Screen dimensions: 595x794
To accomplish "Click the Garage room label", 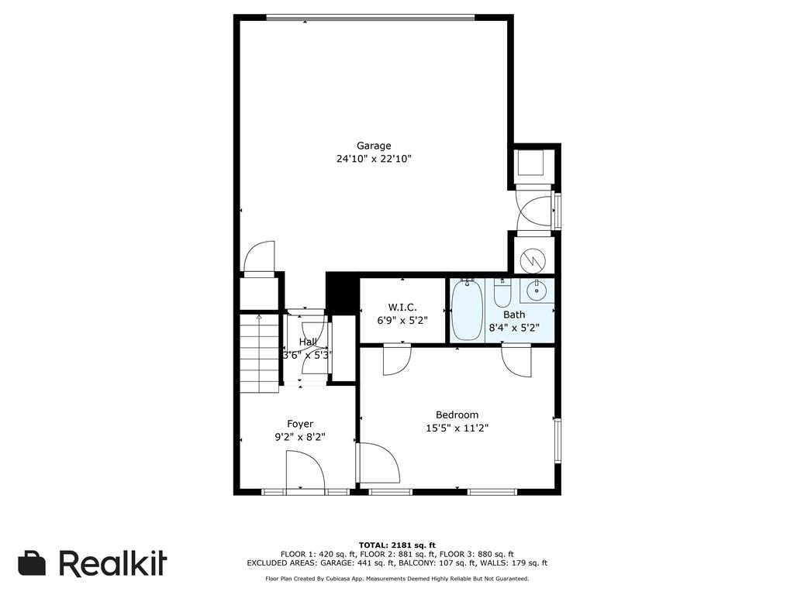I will tap(374, 146).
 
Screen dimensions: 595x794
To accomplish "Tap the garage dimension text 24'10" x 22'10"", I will tap(374, 160).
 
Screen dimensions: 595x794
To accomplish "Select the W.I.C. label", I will tap(402, 308).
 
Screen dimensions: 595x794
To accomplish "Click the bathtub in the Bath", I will tap(467, 310).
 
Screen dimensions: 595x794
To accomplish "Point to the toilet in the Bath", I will tap(502, 295).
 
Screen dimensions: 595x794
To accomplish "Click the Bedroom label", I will tap(457, 414).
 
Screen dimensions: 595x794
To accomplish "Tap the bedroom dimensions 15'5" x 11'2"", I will tap(457, 428).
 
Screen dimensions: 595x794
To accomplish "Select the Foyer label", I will tap(300, 424).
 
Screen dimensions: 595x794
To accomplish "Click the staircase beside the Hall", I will tap(258, 353).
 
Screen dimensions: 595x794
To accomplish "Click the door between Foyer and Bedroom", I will tap(376, 463).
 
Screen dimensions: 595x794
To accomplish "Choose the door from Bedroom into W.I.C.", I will tap(397, 359).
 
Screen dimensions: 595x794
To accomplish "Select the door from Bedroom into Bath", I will tap(516, 359).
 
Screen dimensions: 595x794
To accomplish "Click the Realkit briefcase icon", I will tap(32, 563).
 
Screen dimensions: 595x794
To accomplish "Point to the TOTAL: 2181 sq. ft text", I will tap(397, 545).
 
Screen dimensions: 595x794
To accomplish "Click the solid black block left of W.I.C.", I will tap(342, 293).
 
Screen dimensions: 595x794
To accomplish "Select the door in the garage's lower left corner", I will tap(259, 259).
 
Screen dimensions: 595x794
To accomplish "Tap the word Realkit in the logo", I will tap(112, 563).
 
